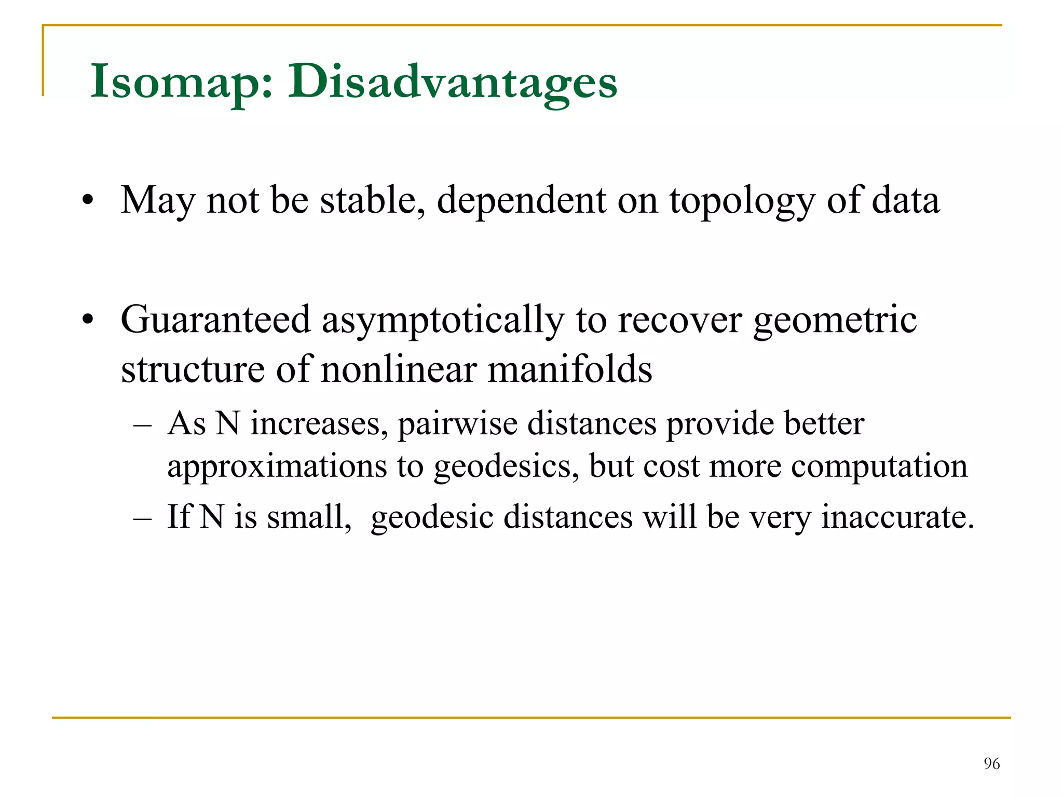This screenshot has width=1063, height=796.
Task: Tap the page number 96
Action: click(991, 763)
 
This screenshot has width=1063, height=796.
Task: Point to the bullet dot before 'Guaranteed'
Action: click(88, 320)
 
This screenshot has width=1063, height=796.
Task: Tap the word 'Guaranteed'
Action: click(215, 320)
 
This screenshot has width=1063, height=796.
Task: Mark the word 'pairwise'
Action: click(457, 424)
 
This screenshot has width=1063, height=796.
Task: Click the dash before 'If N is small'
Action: click(143, 518)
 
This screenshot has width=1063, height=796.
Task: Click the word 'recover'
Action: click(680, 321)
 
